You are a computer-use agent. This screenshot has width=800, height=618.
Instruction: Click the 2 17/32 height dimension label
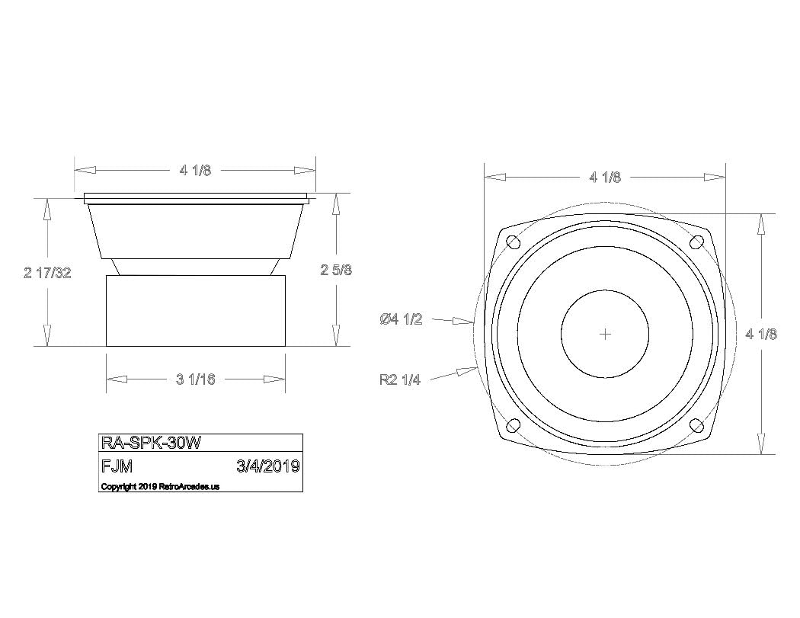point(47,273)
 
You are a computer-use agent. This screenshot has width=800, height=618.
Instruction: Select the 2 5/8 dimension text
point(335,270)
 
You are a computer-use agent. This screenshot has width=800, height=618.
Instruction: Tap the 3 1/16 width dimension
point(196,379)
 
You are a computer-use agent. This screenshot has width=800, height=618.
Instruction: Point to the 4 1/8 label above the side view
point(195,171)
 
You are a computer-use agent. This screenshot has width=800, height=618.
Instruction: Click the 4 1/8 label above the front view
point(605,178)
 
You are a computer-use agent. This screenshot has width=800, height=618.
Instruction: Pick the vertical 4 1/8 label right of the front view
point(761,334)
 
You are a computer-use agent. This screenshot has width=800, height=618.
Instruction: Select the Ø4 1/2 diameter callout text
point(401,319)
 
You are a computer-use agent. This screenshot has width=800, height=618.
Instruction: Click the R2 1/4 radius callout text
point(400,379)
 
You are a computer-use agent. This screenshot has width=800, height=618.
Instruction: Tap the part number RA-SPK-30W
point(151,443)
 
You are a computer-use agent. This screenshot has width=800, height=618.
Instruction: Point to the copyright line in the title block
point(160,486)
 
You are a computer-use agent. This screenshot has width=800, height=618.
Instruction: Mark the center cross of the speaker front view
point(606,334)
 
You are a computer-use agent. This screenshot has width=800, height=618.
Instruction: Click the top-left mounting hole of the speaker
point(514,242)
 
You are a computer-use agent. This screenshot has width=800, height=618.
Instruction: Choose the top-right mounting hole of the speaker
point(696,242)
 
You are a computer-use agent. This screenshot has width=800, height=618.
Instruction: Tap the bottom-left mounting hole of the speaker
point(514,425)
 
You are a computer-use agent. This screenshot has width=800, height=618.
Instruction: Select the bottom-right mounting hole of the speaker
point(696,425)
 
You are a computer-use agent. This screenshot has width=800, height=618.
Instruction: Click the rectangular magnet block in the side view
point(196,311)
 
